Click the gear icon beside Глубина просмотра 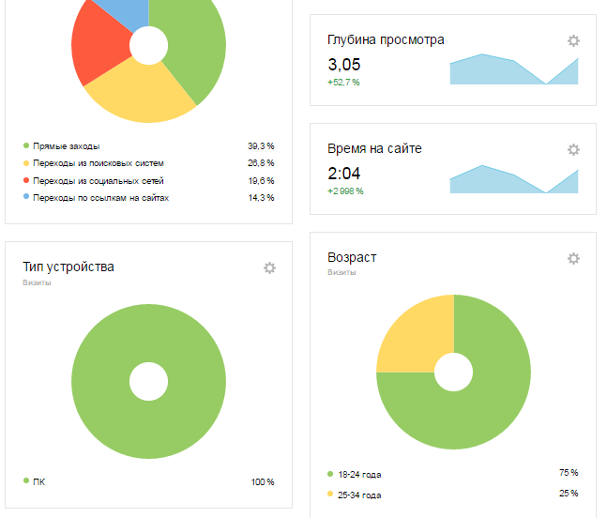coord(573,40)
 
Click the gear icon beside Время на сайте coord(573,149)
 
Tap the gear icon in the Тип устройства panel coord(269,267)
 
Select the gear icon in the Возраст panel coord(573,258)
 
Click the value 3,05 coord(343,65)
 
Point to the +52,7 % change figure coord(343,83)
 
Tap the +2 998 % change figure coord(345,191)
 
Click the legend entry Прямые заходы coord(66,146)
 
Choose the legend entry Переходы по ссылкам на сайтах coord(100,198)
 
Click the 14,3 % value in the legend coord(261,198)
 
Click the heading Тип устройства coord(68,267)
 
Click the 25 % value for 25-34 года coord(569,493)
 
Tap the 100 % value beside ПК coord(263,482)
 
